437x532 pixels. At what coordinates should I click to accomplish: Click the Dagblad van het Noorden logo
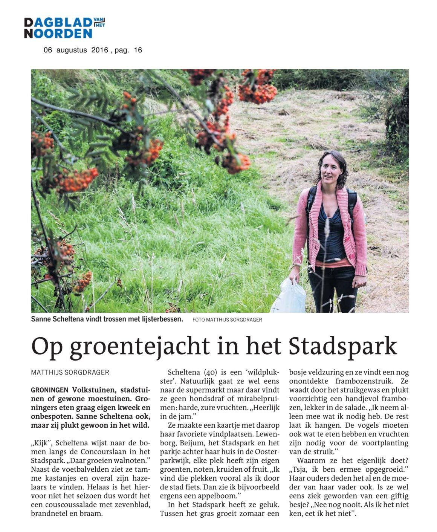(x=64, y=28)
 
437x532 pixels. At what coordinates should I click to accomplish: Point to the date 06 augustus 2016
(x=76, y=50)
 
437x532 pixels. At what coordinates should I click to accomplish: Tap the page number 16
(x=138, y=50)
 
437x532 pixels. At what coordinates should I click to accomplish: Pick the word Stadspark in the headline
(x=343, y=345)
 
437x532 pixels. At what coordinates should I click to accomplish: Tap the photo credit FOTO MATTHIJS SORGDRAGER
(x=227, y=320)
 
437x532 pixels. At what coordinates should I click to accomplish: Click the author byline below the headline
(x=70, y=372)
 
